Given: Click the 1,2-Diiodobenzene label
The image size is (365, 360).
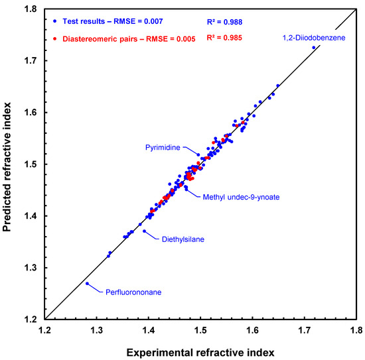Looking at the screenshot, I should (x=313, y=37).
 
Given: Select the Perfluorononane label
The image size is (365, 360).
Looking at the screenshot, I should (x=132, y=291).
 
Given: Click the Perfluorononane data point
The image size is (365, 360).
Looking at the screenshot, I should (x=87, y=283).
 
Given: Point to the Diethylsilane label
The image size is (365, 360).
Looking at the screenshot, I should (x=183, y=239).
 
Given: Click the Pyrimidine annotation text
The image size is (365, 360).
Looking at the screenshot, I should (x=163, y=148).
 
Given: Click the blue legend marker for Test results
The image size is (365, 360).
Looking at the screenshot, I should (x=54, y=26).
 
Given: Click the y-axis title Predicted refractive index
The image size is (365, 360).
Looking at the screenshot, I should (x=10, y=163).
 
